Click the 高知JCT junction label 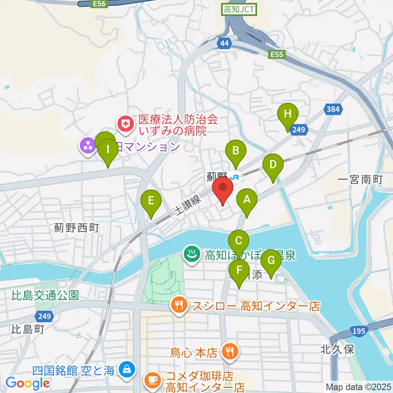239,9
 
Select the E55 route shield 277,54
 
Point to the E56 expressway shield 98,3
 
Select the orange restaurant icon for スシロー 178,305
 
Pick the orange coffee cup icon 153,379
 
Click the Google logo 28,383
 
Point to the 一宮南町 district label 361,180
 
